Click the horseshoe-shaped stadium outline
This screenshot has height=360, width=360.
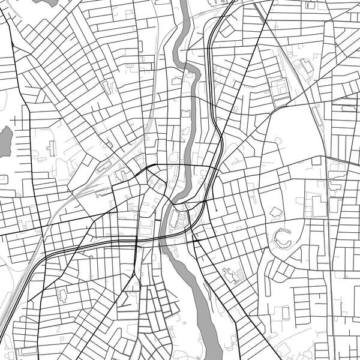(x=283, y=239)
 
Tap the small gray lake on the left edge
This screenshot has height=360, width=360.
(x=5, y=141)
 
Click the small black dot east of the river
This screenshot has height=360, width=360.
(x=215, y=210)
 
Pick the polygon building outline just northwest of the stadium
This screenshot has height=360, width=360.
(x=276, y=212)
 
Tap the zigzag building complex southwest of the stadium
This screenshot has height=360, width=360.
(x=232, y=275)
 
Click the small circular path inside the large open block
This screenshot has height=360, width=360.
(x=278, y=140)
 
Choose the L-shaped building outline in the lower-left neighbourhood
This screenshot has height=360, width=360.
(x=62, y=295)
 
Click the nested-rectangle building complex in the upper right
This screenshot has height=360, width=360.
(x=279, y=90)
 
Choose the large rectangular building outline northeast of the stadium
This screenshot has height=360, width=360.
(x=319, y=206)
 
